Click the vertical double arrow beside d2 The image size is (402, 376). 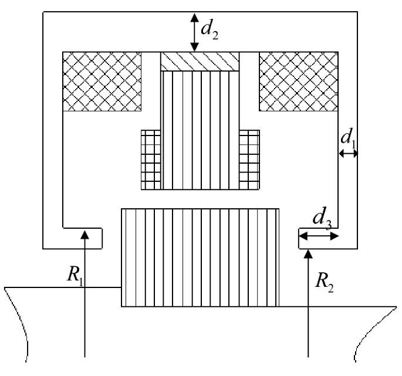(194, 32)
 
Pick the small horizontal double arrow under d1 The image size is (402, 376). (348, 153)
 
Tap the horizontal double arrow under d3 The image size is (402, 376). (319, 236)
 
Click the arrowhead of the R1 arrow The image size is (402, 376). (86, 234)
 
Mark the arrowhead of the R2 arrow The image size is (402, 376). (309, 255)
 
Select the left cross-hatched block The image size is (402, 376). (102, 81)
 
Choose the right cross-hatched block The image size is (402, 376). (298, 81)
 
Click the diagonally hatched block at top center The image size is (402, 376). (200, 62)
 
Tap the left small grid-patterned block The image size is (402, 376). (151, 159)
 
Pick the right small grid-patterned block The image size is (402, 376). (249, 159)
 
